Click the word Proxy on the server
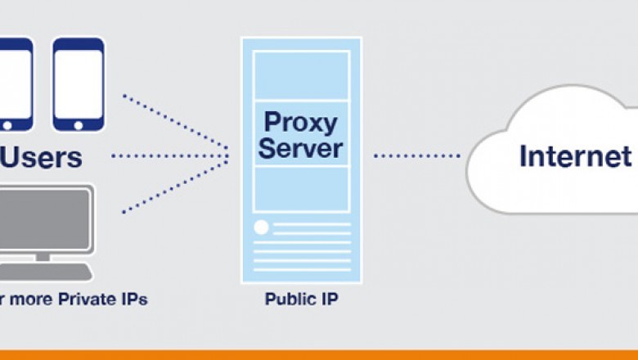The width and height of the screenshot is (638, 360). click(x=300, y=123)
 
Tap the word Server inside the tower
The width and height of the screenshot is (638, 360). click(x=300, y=149)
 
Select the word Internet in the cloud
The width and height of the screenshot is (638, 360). click(x=575, y=155)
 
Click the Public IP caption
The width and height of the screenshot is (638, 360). click(x=301, y=299)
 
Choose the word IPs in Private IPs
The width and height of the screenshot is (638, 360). click(x=133, y=299)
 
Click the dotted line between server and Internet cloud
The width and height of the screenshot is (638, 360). click(x=417, y=155)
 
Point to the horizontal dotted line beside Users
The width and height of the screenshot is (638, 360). click(x=168, y=155)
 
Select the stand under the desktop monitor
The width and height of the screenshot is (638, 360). click(x=42, y=257)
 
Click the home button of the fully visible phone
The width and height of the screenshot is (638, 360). click(x=79, y=126)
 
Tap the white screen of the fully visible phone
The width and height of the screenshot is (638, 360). click(x=79, y=83)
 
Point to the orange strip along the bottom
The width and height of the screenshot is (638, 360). click(x=319, y=354)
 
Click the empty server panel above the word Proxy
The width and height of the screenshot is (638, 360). click(x=301, y=77)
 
